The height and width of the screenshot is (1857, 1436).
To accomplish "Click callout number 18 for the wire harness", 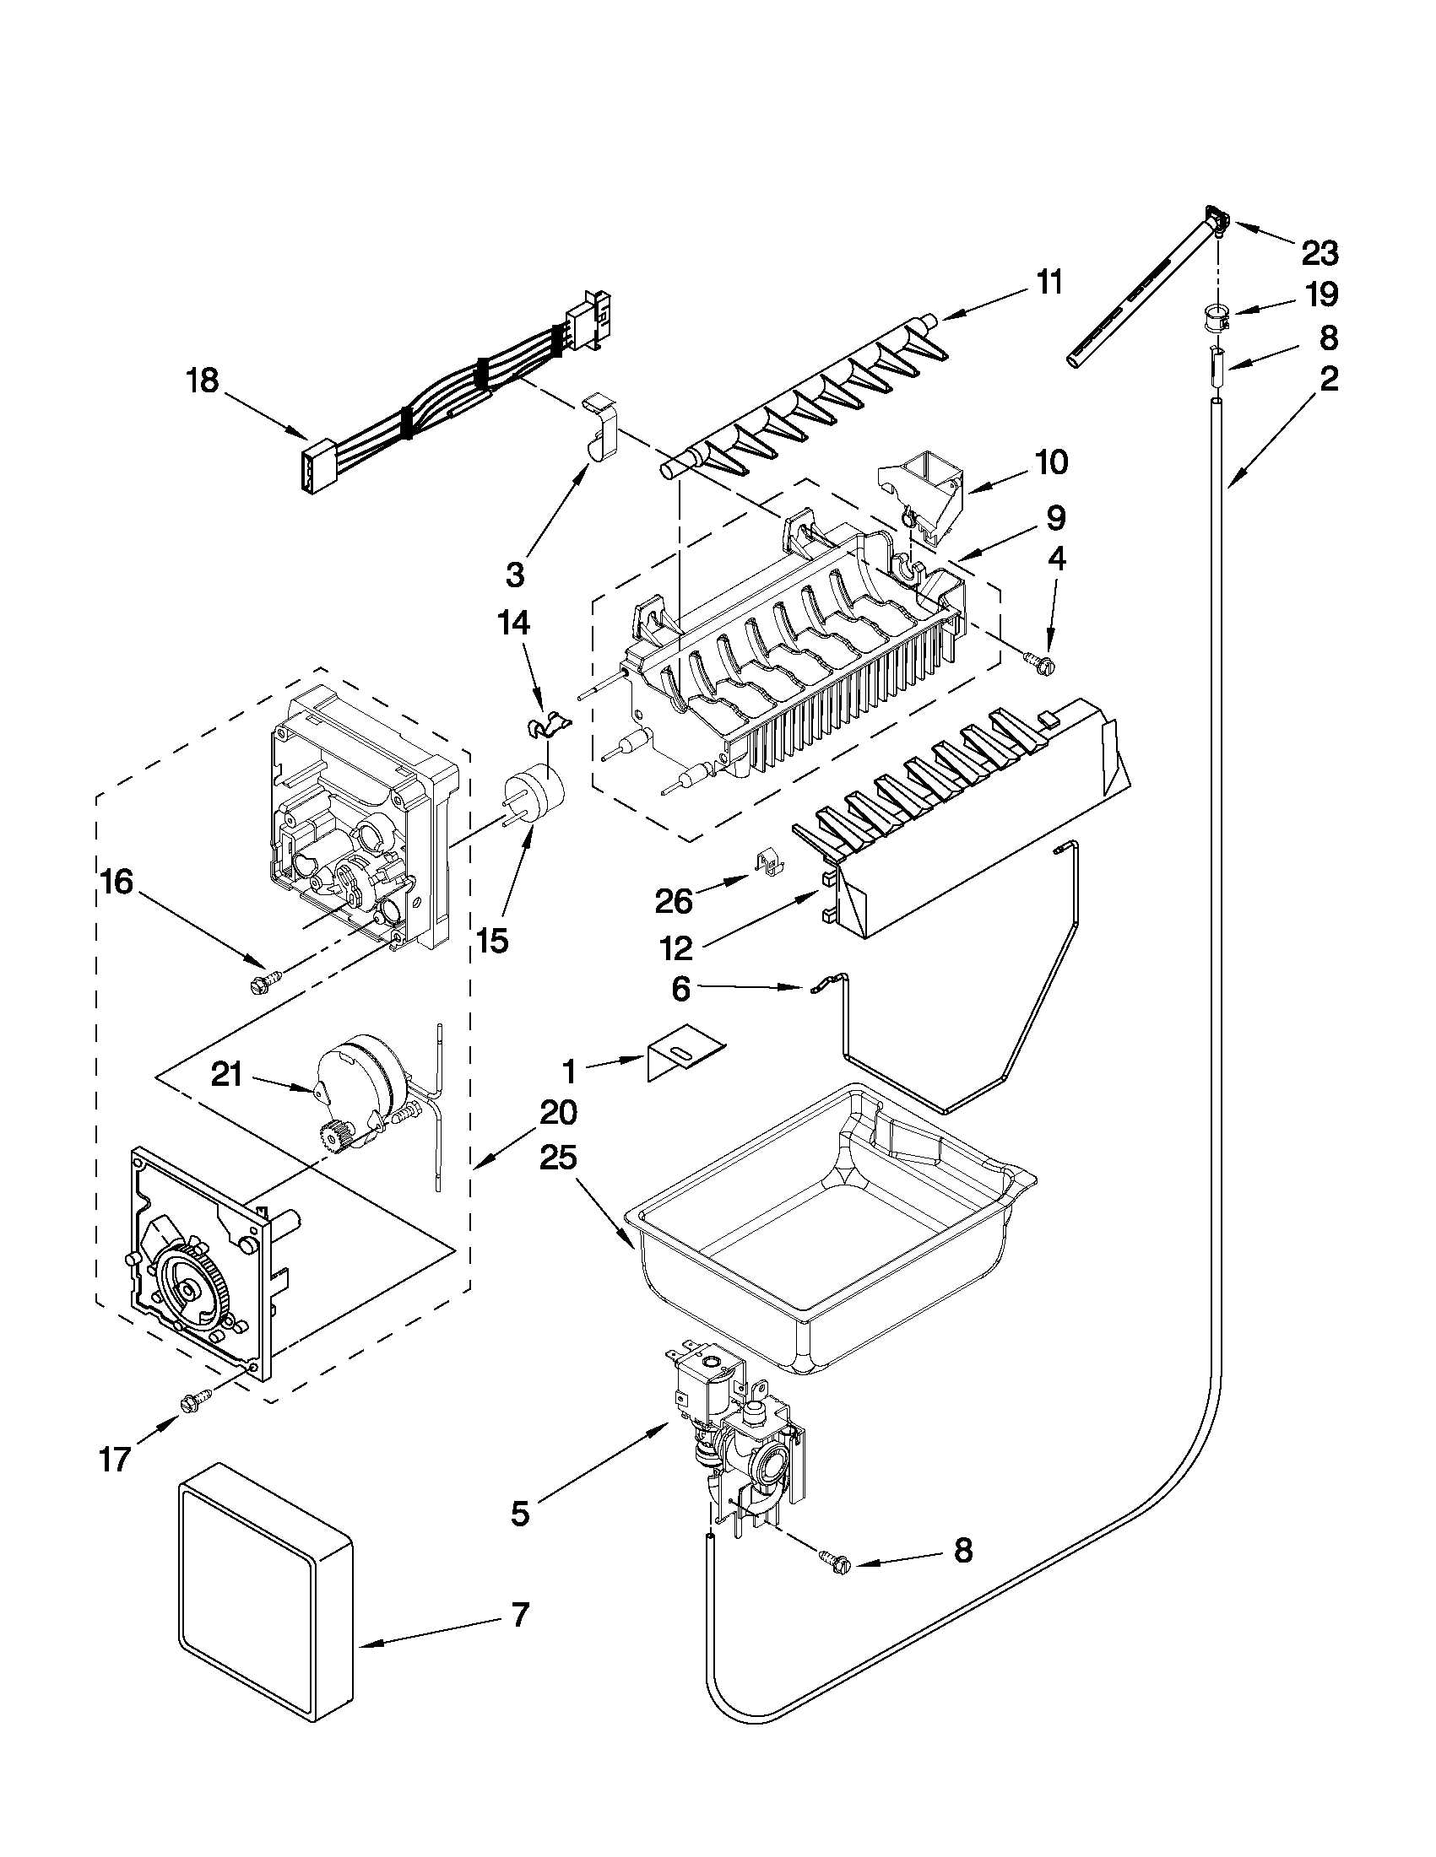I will tap(203, 381).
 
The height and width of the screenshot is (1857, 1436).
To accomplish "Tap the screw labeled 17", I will tap(192, 1401).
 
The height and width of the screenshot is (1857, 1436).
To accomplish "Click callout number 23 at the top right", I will tap(1319, 252).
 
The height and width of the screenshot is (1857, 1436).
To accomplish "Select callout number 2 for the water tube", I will tap(1328, 378).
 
